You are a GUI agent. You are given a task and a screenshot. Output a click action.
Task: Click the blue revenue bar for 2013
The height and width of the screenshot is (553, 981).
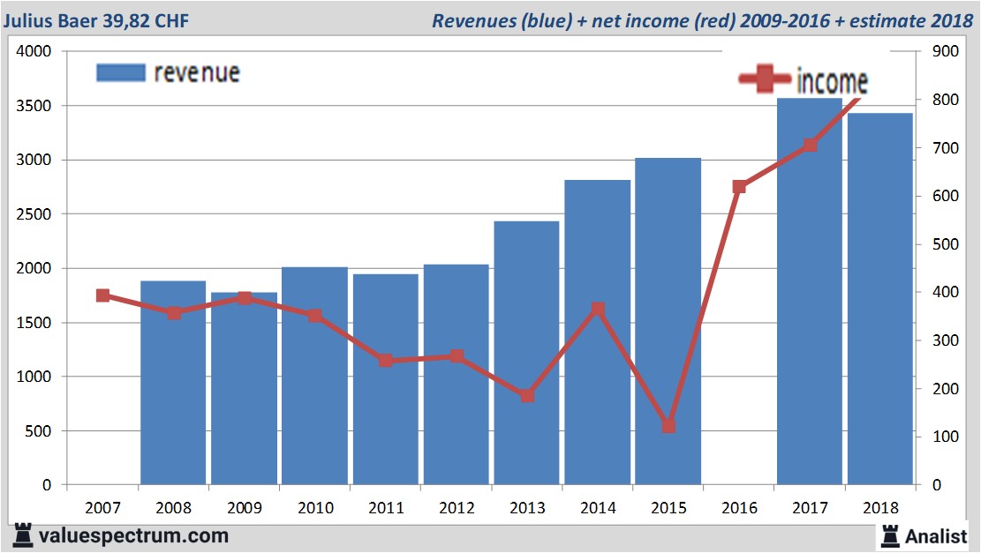526,353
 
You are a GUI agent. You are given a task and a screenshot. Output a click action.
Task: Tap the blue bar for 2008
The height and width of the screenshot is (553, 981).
173,384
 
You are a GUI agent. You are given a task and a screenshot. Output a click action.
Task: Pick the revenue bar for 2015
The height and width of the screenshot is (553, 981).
668,322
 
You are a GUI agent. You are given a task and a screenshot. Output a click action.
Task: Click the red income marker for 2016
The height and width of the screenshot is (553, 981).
739,186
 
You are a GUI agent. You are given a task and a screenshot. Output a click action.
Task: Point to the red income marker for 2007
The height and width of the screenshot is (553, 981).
102,295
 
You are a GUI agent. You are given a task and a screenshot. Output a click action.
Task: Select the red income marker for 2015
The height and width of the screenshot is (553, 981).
668,426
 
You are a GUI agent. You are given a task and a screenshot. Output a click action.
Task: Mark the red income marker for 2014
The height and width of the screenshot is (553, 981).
598,309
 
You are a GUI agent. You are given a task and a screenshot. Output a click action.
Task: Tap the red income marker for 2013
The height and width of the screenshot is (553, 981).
527,395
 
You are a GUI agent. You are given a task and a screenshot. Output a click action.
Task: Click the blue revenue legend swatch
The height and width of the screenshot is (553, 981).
120,72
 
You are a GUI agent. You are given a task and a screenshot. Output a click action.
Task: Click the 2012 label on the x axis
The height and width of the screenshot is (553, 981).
456,508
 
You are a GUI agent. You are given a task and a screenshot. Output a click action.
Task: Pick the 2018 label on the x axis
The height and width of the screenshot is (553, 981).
880,508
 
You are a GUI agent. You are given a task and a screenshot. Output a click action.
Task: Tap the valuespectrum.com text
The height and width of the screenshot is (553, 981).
133,535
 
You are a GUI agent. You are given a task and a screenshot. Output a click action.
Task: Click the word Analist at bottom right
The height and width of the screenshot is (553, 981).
936,534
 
